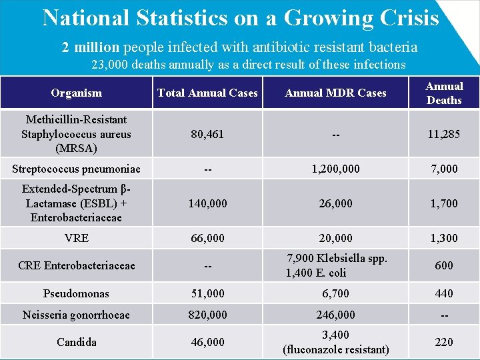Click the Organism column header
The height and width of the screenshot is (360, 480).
pos(76,93)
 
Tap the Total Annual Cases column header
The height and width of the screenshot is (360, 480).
pos(207,93)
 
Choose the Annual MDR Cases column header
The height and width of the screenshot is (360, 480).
pos(335,93)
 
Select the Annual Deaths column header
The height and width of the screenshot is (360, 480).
pos(444,93)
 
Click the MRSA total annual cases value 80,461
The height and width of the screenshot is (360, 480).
pos(207,134)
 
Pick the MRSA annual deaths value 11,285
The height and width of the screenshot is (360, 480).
pos(444,134)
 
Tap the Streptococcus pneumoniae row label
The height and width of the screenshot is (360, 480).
pos(76,169)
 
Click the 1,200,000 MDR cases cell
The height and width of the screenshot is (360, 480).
pos(335,169)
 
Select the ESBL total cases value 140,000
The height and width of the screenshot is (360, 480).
pos(207,203)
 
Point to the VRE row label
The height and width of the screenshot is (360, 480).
pos(76,238)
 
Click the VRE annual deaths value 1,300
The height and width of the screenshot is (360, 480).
pos(444,238)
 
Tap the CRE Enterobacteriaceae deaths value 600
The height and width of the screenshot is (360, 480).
pos(444,265)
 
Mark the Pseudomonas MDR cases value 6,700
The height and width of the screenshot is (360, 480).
pos(335,293)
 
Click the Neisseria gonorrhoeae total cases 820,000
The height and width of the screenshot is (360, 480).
pos(207,315)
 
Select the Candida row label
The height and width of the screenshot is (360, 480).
pos(76,342)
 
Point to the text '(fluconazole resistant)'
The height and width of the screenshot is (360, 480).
pos(335,349)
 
